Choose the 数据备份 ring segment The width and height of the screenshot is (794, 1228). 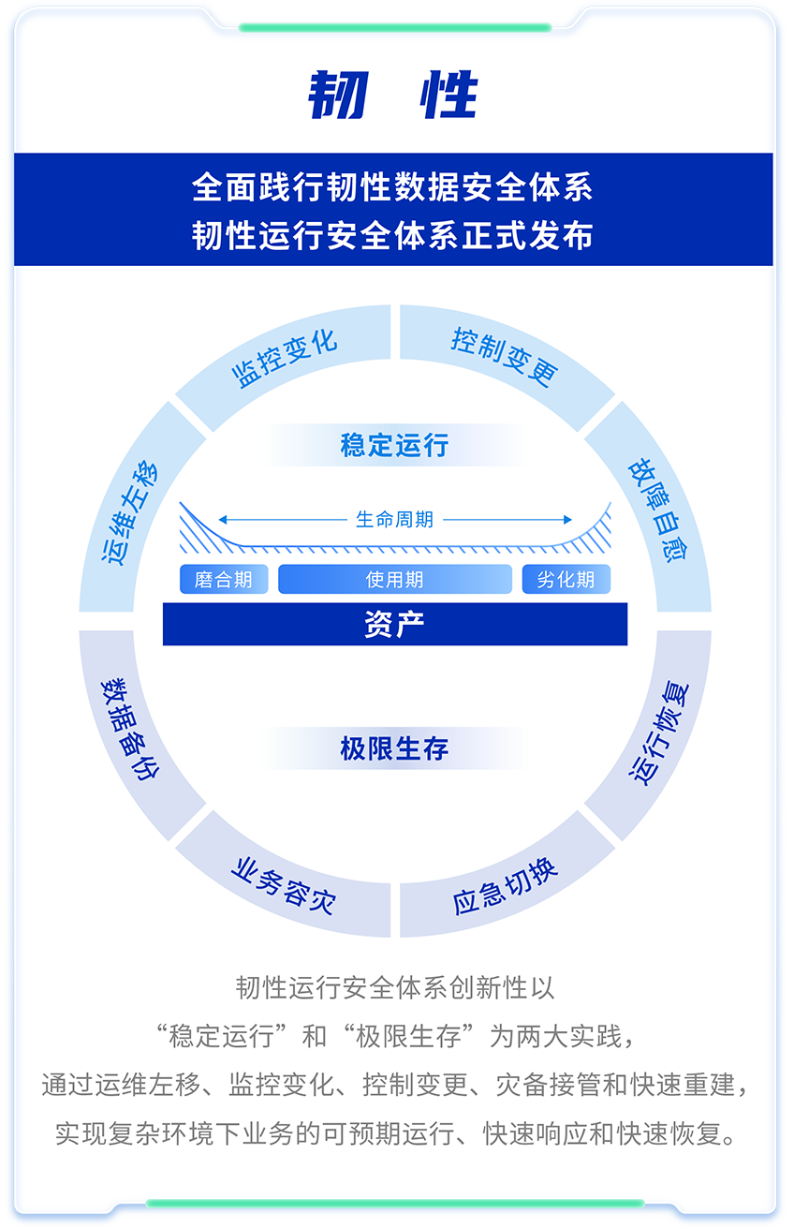(132, 727)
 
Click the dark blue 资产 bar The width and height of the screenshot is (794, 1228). (394, 624)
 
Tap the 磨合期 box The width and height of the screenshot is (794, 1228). (223, 580)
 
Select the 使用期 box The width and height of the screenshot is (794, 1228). (394, 580)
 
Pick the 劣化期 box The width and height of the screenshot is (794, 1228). (566, 580)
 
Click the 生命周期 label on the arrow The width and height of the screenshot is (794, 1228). (394, 519)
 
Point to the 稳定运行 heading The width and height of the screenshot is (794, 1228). (394, 445)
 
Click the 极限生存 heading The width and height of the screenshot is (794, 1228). (394, 749)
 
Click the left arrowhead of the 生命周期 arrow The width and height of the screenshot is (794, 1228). (222, 519)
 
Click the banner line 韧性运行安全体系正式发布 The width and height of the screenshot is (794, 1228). (392, 236)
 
